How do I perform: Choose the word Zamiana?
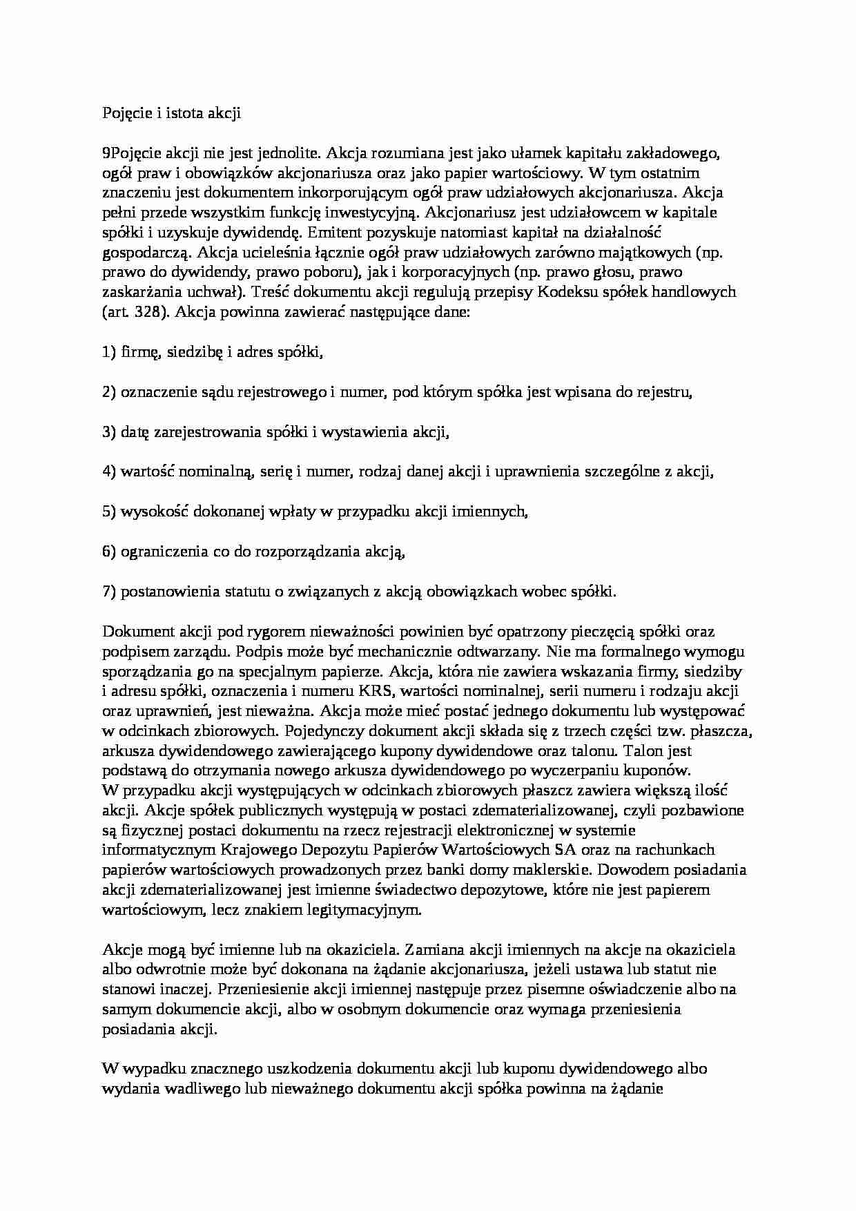440,949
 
